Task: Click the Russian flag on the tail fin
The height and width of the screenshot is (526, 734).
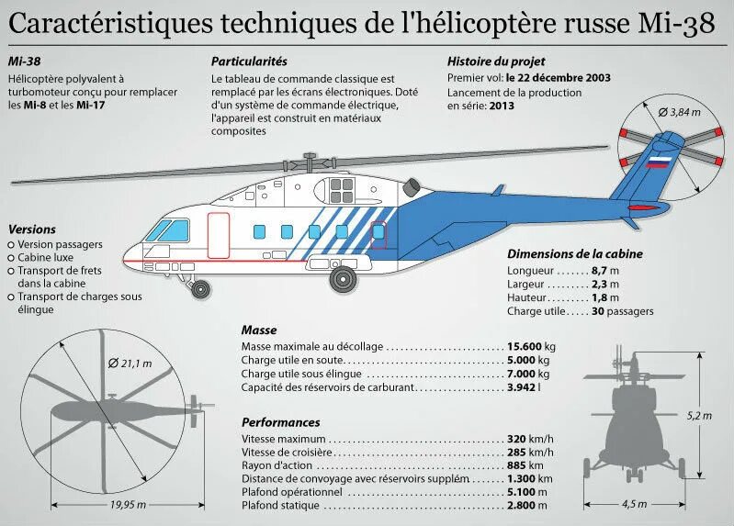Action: click(x=658, y=163)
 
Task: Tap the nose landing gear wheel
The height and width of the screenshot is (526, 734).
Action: click(x=198, y=290)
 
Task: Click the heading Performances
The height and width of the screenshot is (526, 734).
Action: click(x=280, y=423)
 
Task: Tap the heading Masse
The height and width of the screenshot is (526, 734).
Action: click(x=259, y=330)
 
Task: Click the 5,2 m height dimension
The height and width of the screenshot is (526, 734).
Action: click(x=699, y=416)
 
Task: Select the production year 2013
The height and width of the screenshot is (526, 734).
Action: click(x=502, y=106)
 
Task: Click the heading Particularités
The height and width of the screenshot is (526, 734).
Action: click(x=249, y=62)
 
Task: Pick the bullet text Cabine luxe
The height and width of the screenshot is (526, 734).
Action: click(x=49, y=258)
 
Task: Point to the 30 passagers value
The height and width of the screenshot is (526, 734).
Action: click(x=623, y=311)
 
